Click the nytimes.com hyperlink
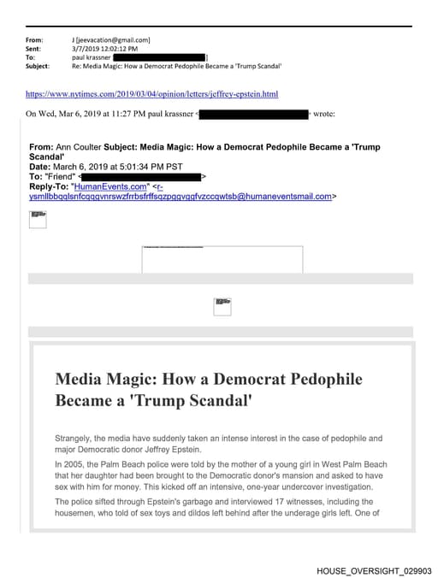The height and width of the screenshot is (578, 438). (151, 93)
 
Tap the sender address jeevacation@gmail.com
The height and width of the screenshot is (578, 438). (114, 39)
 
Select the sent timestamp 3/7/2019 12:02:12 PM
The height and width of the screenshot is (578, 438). (104, 49)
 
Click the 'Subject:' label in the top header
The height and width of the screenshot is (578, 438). (38, 66)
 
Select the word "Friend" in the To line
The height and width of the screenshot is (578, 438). (61, 176)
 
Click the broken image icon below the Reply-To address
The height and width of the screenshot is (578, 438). (38, 219)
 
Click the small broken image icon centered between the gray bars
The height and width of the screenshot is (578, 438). (222, 306)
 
